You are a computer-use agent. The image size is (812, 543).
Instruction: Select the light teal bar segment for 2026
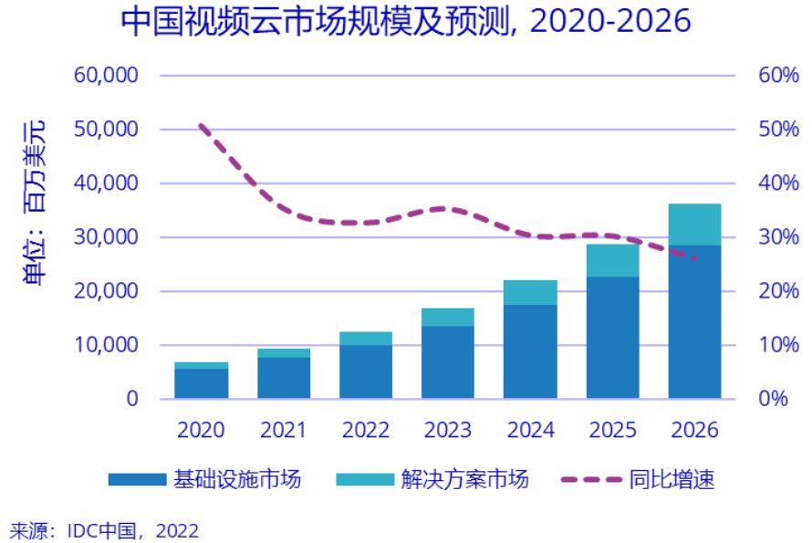pos(694,225)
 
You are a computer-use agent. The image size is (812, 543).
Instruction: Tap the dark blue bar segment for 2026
pos(694,321)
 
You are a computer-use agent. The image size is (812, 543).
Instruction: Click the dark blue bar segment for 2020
pos(201,383)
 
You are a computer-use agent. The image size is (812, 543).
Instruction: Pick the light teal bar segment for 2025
pos(612,260)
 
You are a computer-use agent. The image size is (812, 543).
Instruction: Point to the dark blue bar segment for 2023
pos(447,361)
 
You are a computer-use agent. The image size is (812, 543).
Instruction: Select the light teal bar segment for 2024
pos(530,292)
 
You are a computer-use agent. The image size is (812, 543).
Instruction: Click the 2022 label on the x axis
pos(365,430)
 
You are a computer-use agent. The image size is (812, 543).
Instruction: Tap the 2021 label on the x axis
pos(283,430)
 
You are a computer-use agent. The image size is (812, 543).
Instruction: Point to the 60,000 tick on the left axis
pos(107,75)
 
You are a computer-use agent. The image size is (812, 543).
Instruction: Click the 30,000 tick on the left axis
pos(107,237)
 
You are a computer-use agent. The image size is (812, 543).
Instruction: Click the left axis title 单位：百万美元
pos(34,203)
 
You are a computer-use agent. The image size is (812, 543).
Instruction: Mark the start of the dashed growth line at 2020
pos(201,125)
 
